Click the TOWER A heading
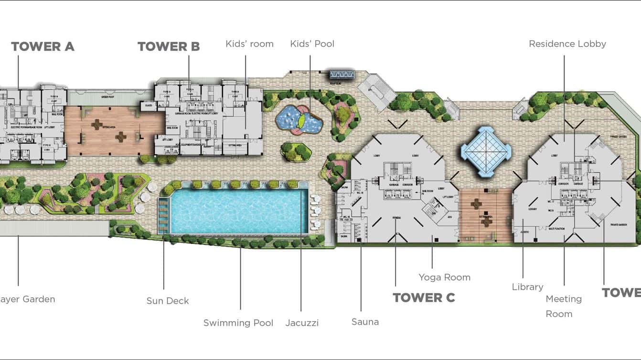pos(43,46)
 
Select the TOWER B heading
pos(169,46)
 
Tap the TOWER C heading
pos(424,297)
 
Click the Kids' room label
pos(249,44)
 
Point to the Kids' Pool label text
pos(312,44)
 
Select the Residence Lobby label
pos(567,44)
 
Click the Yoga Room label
pos(444,277)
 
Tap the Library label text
pos(527,287)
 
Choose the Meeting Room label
pos(563,306)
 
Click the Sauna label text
pos(365,322)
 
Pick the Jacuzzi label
pos(302,323)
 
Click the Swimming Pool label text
pos(238,323)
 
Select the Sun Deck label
pos(168,301)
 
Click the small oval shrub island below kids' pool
pos(296,151)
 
